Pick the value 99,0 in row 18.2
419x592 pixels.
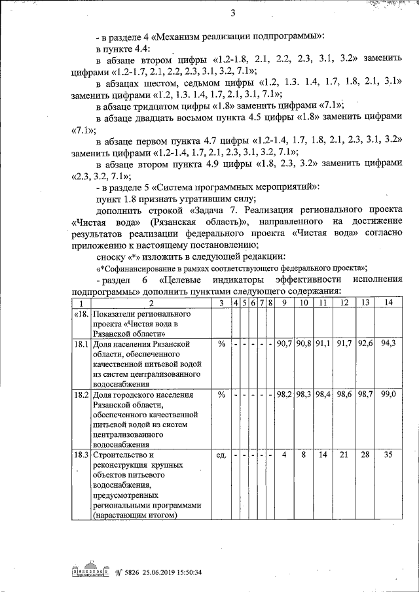[389, 395]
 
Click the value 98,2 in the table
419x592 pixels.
[284, 395]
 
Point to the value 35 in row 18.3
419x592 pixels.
[389, 455]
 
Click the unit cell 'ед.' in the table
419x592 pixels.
[221, 455]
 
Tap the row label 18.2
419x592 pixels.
[81, 395]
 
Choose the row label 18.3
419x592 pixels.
[81, 455]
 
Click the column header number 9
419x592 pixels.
[284, 302]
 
